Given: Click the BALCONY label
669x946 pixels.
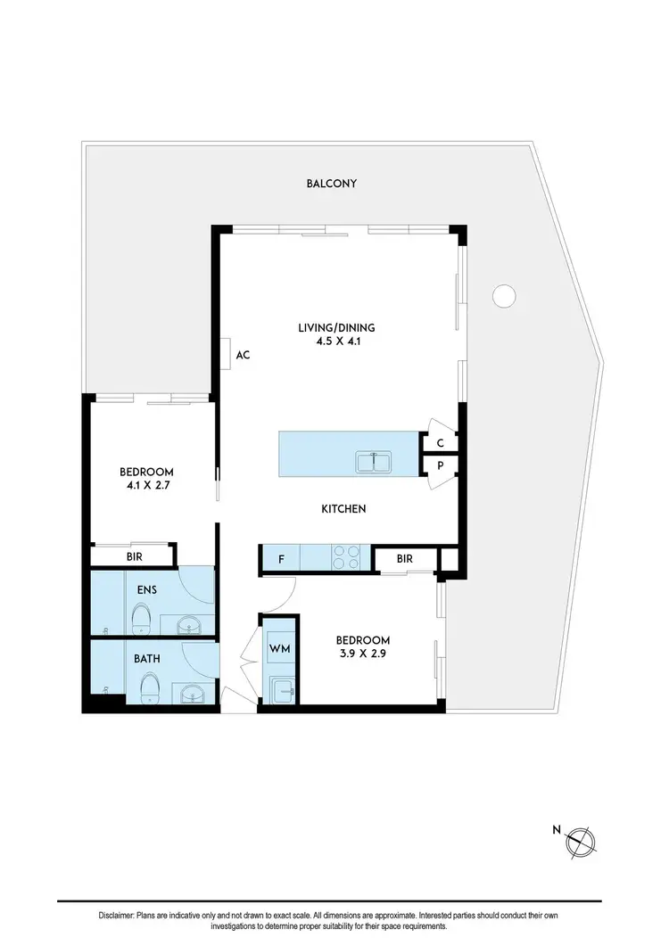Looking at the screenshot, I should [x=331, y=184].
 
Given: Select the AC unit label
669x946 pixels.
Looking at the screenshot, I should [x=242, y=355].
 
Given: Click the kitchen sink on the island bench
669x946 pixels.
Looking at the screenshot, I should [x=374, y=462].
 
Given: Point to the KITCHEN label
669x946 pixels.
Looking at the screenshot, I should [x=343, y=509].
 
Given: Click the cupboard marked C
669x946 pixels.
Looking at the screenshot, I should [x=440, y=442].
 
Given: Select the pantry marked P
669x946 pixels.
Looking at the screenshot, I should [x=440, y=465].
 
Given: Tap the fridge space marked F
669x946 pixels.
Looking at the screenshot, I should [x=281, y=560].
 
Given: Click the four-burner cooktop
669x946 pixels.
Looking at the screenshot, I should [x=346, y=557].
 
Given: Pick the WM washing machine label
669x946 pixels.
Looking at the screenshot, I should [x=279, y=647].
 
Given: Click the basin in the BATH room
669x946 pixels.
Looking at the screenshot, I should [x=190, y=694].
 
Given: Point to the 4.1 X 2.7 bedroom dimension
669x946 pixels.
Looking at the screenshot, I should [x=147, y=486].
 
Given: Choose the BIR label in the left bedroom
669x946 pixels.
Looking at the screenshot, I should [x=134, y=556].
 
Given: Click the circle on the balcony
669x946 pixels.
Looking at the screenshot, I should [x=504, y=294].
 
